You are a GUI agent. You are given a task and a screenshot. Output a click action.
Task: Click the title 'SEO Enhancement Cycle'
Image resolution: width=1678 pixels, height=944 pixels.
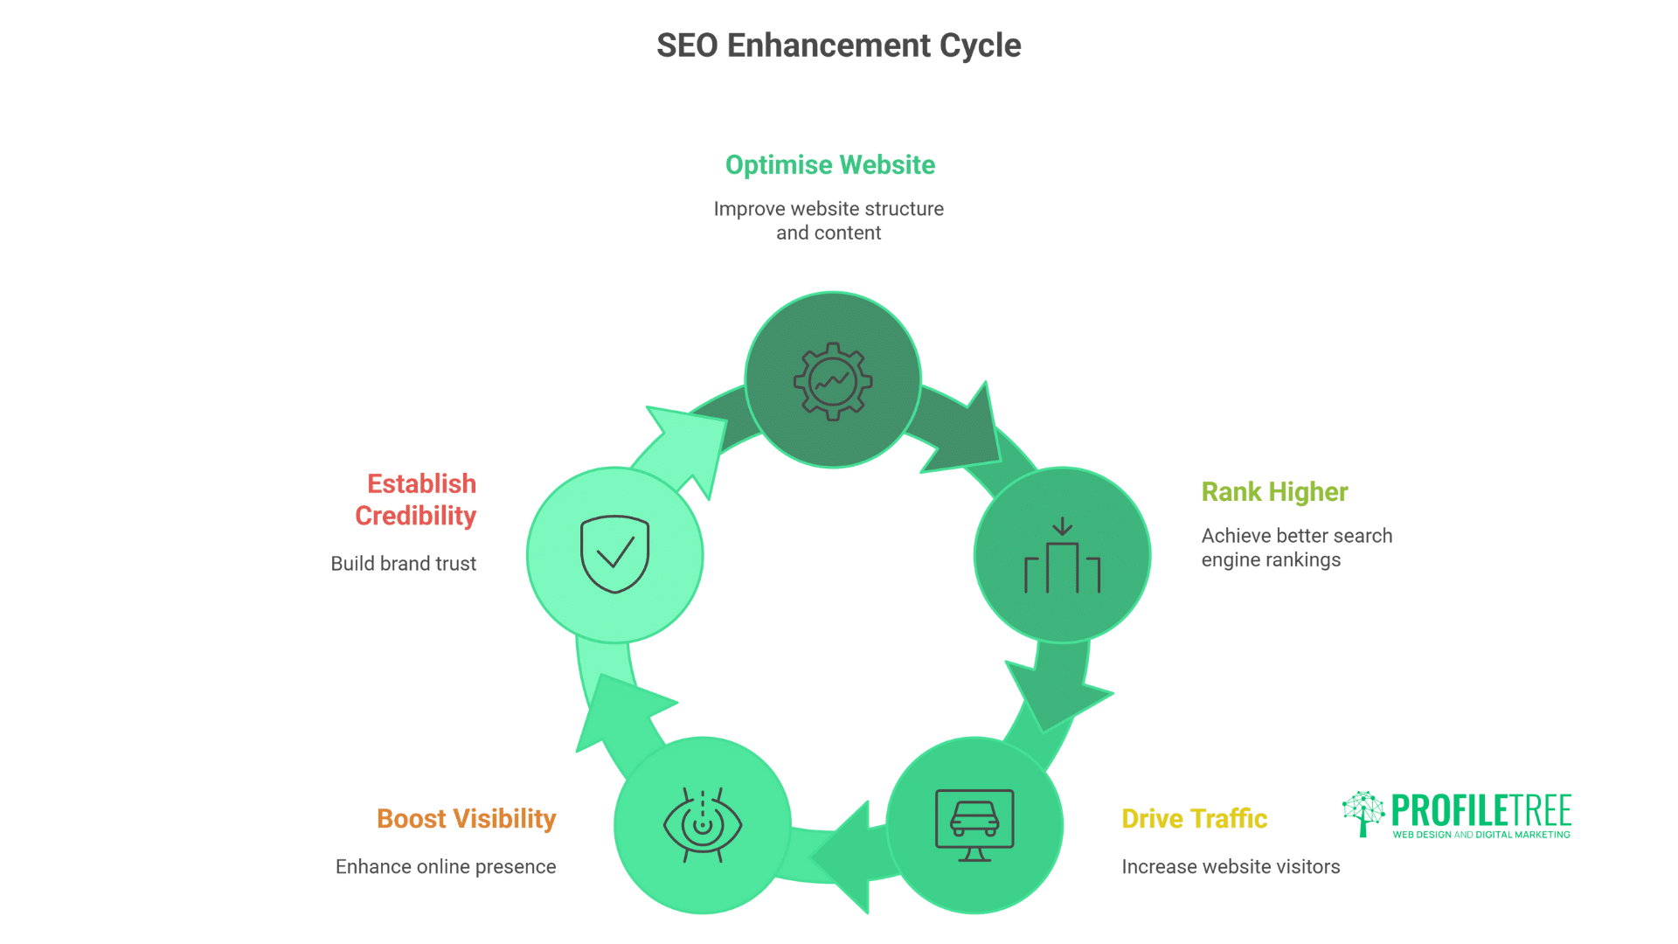(838, 45)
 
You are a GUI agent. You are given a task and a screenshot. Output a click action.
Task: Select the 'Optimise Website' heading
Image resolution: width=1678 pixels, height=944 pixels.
(829, 164)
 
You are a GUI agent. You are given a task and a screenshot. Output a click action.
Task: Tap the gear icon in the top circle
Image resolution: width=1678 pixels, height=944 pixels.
(832, 381)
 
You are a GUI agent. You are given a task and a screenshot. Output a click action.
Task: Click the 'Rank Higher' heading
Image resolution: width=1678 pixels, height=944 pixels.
(1274, 491)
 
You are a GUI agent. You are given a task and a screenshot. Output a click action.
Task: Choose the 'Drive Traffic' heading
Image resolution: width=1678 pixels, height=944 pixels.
(1194, 818)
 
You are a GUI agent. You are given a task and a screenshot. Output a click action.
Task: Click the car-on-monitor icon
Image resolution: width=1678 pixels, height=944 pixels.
(974, 825)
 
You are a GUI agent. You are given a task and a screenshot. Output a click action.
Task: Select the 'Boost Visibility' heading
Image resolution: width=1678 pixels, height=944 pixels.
(466, 818)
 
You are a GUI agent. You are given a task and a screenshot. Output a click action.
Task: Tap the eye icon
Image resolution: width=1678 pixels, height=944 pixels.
(703, 825)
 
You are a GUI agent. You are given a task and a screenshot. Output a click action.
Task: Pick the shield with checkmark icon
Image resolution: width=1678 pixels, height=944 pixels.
(615, 554)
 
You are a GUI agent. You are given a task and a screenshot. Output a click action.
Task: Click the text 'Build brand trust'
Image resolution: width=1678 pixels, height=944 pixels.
(403, 564)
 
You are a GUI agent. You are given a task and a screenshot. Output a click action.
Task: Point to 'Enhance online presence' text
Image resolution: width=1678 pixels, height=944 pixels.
(446, 866)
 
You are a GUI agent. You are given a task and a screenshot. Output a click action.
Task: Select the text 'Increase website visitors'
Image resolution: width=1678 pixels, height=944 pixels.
(1231, 866)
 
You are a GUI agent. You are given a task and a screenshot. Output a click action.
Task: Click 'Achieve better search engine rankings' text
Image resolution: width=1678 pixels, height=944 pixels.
(1296, 547)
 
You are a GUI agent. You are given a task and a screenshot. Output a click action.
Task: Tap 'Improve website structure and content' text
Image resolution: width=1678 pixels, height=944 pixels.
(829, 220)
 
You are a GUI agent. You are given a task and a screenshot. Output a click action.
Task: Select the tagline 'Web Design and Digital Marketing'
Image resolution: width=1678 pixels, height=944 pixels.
(1481, 835)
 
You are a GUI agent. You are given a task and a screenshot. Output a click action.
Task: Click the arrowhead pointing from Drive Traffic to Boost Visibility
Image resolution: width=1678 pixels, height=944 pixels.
(844, 857)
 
